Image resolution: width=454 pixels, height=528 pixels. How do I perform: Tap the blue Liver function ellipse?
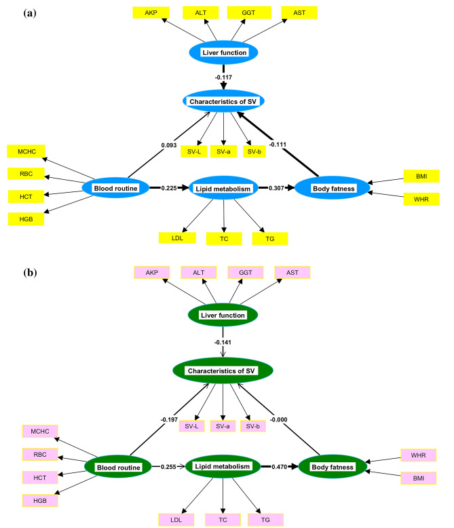pyautogui.click(x=224, y=52)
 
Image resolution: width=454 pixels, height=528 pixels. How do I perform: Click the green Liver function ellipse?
pyautogui.click(x=223, y=315)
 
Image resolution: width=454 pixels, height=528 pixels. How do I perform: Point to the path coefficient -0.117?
pyautogui.click(x=224, y=77)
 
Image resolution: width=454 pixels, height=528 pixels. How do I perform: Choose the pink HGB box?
pyautogui.click(x=39, y=500)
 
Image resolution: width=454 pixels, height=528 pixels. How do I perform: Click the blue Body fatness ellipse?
pyautogui.click(x=332, y=188)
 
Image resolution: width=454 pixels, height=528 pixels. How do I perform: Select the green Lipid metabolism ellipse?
pyautogui.click(x=224, y=466)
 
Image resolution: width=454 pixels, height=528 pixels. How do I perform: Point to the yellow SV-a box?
pyautogui.click(x=223, y=151)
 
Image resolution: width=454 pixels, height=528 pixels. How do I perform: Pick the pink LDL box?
pyautogui.click(x=176, y=520)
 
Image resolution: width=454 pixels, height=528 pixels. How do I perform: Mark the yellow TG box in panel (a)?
pyautogui.click(x=269, y=238)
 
